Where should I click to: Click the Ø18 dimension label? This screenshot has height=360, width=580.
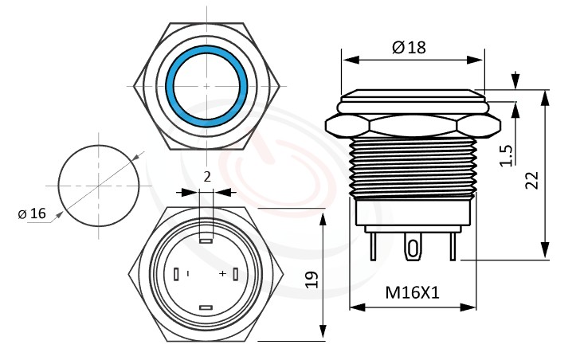(x=409, y=47)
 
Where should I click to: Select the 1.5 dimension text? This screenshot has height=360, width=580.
(x=506, y=155)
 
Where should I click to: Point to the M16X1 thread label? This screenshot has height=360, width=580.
(x=413, y=293)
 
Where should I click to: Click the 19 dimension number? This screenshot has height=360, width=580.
(x=312, y=278)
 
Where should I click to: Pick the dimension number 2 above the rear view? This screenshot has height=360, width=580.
(x=207, y=177)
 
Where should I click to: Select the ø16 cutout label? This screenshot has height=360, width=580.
(x=32, y=213)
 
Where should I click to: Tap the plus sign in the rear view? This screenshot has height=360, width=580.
(x=222, y=274)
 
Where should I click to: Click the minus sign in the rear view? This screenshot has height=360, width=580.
(x=188, y=274)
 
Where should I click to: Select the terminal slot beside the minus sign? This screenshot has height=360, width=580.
(x=175, y=274)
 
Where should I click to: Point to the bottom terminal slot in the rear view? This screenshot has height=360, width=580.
(x=206, y=307)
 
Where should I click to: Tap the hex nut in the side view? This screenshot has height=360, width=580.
(x=413, y=126)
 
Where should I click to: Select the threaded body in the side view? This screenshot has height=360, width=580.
(x=413, y=167)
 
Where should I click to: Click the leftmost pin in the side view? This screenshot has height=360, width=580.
(x=372, y=247)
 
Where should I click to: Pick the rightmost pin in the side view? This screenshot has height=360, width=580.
(x=453, y=247)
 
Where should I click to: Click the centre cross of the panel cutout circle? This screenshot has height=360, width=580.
(x=100, y=186)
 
